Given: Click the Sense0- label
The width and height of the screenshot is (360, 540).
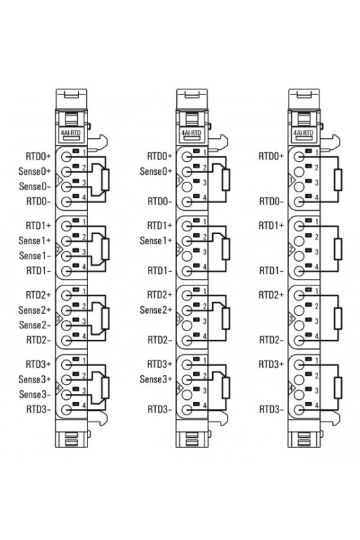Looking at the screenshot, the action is click(x=35, y=186).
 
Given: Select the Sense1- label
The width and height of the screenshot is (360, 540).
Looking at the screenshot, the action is click(x=35, y=256).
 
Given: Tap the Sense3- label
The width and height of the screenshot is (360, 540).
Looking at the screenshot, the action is click(x=35, y=394).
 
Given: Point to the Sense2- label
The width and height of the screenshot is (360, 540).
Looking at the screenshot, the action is click(x=35, y=325).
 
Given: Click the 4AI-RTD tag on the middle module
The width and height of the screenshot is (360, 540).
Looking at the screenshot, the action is click(x=191, y=132).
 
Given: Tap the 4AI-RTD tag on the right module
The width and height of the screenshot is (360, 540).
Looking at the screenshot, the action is click(x=303, y=132).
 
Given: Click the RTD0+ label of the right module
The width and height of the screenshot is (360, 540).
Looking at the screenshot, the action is click(x=271, y=156).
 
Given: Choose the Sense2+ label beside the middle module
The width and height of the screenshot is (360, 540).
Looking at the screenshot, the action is click(x=156, y=310).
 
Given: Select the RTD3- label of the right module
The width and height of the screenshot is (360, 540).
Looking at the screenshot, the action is click(x=271, y=410).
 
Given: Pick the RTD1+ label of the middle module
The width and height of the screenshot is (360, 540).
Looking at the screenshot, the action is click(x=159, y=226).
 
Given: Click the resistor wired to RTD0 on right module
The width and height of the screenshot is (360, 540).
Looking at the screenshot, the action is click(x=338, y=180).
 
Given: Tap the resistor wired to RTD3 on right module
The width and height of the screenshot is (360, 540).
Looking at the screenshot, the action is click(x=338, y=388).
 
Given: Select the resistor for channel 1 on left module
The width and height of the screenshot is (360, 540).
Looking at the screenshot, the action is click(x=105, y=249).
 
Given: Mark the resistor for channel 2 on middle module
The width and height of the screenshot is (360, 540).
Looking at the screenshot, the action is click(x=226, y=319).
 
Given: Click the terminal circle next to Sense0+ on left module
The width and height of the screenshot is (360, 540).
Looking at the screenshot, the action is click(x=66, y=172).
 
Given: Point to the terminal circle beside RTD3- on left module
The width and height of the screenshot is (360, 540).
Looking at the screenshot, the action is click(x=66, y=410).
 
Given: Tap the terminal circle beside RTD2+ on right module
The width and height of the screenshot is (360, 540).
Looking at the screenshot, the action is click(x=299, y=295).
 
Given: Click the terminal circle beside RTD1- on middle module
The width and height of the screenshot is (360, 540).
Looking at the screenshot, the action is click(x=187, y=271).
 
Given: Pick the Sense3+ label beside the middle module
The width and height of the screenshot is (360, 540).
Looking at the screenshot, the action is click(x=156, y=379).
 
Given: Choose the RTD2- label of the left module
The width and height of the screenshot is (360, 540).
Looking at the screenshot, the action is click(x=39, y=340).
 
